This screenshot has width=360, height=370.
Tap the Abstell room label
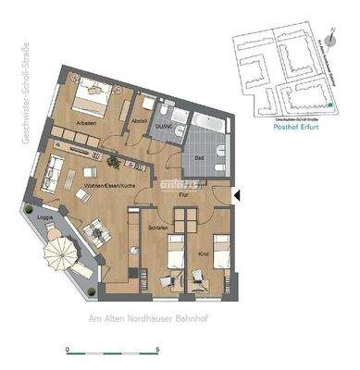pyautogui.click(x=140, y=118)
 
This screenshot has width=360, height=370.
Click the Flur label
pyautogui.click(x=184, y=196)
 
